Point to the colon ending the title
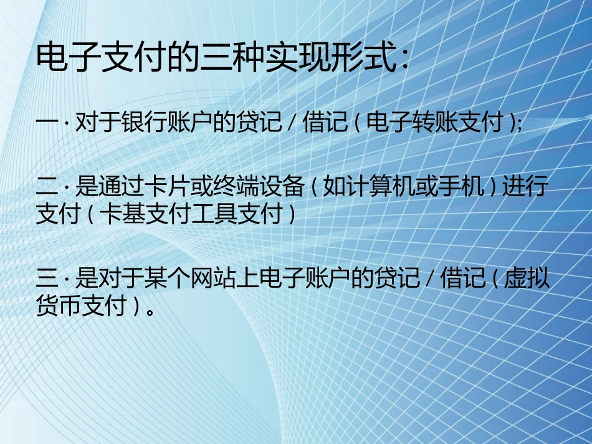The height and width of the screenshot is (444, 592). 403,61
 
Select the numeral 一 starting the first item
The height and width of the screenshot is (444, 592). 47,123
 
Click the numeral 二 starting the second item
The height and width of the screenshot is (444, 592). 47,186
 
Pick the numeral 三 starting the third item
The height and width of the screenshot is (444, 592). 47,278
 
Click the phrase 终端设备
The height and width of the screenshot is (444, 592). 259,186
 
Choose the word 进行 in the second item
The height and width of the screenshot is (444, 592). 525,186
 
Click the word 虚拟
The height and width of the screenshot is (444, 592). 527,278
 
